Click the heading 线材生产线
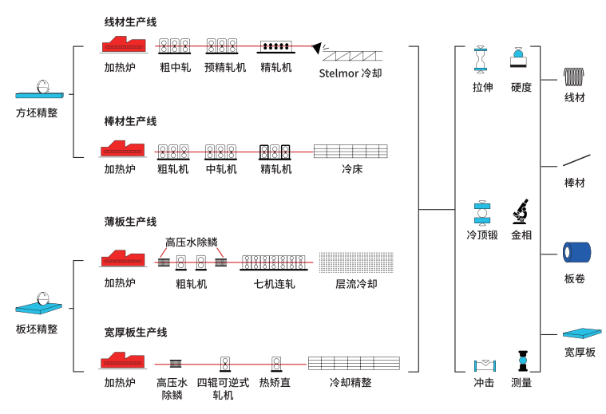130,22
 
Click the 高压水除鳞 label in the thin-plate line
191,242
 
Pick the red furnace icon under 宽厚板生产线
121,361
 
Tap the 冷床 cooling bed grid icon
351,151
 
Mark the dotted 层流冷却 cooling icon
351,262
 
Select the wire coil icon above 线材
574,77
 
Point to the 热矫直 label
275,383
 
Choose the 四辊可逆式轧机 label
224,388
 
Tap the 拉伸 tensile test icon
481,60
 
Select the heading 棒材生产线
130,121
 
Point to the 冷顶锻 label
482,235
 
